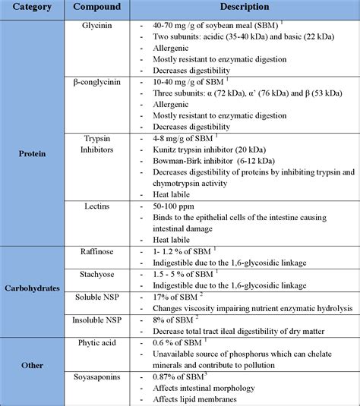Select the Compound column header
[x=103, y=8]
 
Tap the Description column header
[x=248, y=8]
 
